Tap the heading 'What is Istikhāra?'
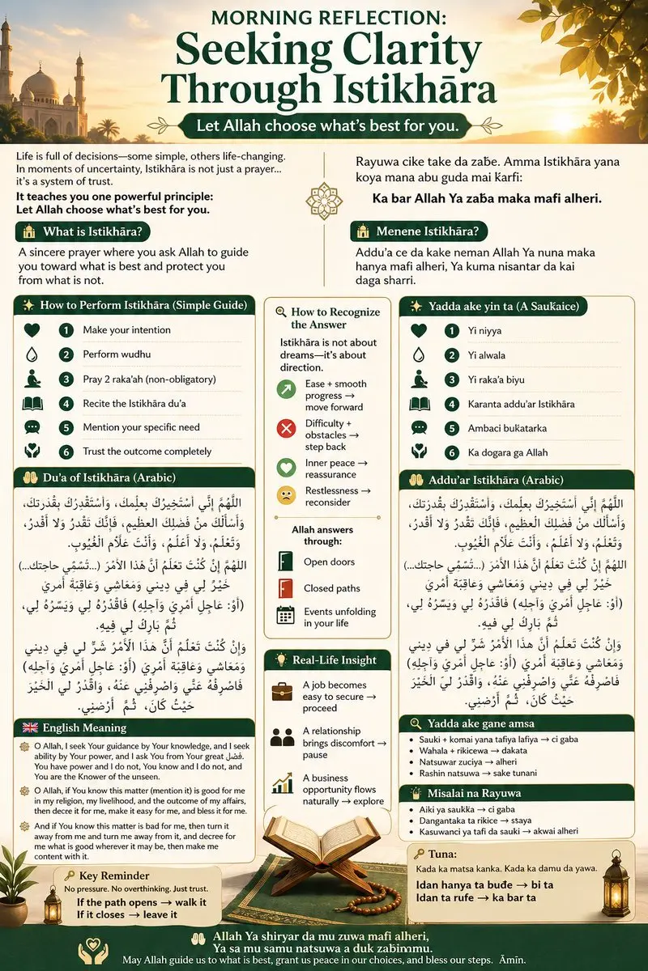click(94, 232)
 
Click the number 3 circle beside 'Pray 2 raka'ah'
click(66, 379)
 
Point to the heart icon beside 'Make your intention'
click(32, 330)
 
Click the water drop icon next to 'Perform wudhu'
click(32, 354)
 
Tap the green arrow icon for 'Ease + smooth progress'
click(286, 390)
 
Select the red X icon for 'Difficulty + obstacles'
click(286, 428)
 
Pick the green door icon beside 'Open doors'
click(285, 562)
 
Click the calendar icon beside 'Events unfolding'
click(285, 615)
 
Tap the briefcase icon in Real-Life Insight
click(283, 691)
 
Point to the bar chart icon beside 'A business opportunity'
click(283, 783)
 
